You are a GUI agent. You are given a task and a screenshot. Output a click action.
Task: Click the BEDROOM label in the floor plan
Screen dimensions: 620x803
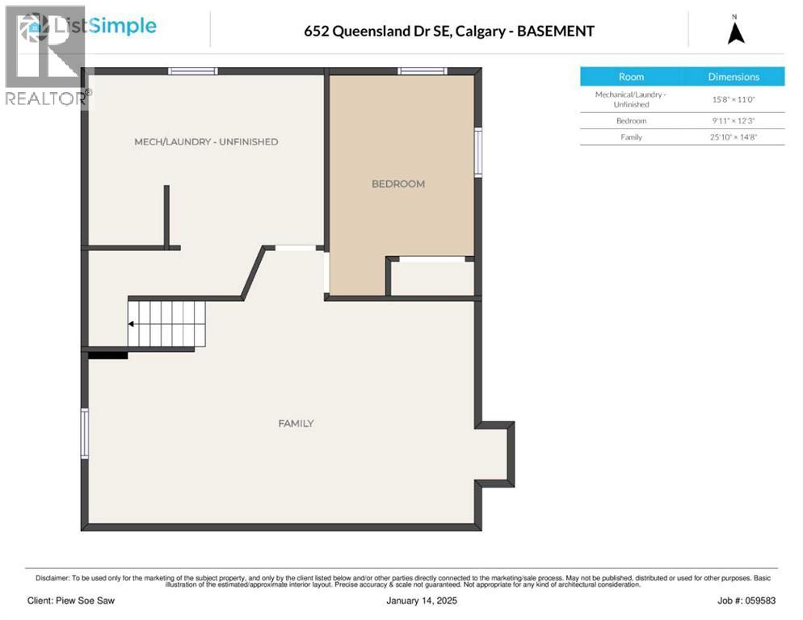pos(397,184)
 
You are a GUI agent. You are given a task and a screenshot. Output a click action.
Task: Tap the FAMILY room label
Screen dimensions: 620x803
pos(296,423)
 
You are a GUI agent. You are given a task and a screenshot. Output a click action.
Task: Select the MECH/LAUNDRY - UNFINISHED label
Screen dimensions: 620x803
pos(206,142)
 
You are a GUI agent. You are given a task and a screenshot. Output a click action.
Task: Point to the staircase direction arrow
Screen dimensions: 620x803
pos(132,325)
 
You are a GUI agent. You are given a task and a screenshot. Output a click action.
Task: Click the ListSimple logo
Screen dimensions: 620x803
pos(103,27)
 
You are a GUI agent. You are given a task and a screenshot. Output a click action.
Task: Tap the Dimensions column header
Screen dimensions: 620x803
pos(734,77)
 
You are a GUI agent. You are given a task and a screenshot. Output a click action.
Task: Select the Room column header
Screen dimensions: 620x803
pos(631,77)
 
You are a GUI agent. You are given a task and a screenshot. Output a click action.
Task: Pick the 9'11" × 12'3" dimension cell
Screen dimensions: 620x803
pos(734,120)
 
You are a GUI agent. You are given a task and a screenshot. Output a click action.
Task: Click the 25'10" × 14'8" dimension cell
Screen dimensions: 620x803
pos(734,137)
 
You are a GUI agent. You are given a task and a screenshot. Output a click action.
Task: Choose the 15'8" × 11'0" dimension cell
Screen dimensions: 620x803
pos(734,99)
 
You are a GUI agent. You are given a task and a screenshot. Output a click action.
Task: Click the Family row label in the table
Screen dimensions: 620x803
pos(631,137)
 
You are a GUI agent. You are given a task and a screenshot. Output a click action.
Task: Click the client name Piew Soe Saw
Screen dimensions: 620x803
pos(71,601)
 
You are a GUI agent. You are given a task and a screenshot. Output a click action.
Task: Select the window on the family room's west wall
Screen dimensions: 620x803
pos(85,434)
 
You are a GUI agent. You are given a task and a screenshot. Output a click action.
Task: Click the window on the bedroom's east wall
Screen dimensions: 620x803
pos(478,152)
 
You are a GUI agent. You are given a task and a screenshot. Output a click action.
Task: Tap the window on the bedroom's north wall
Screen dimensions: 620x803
pos(423,71)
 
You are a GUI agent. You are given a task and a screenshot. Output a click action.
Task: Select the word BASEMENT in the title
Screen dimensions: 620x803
pos(556,31)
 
